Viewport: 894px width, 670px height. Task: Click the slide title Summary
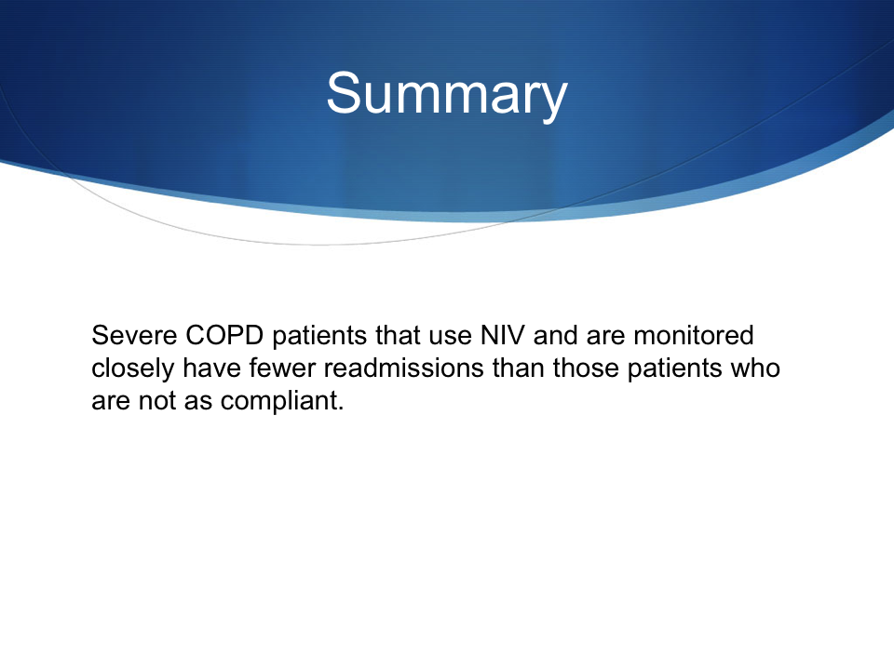[446, 95]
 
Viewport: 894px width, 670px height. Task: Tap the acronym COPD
[224, 335]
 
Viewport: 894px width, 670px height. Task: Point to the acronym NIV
[502, 335]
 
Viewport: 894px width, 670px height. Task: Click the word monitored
[693, 335]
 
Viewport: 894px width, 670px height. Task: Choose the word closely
[133, 368]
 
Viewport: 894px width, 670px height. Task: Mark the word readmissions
[403, 368]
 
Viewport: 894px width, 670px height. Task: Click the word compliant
[282, 401]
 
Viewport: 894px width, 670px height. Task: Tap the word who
[755, 368]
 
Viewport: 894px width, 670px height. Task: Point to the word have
[211, 368]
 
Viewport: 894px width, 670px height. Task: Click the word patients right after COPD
[319, 336]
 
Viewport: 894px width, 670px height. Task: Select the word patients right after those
[675, 369]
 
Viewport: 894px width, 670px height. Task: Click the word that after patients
[398, 335]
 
